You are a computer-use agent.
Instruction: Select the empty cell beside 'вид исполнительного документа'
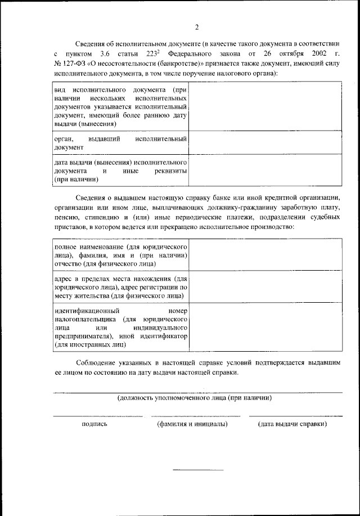(x=265, y=106)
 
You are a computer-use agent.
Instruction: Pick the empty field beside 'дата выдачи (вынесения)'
(x=265, y=169)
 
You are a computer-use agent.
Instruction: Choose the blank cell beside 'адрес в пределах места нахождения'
(x=265, y=286)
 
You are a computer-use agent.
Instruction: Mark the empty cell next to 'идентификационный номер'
(x=265, y=326)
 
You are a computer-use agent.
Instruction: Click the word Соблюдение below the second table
(x=98, y=364)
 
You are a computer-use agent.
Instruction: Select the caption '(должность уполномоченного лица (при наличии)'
(x=195, y=397)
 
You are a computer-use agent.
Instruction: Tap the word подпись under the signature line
(x=94, y=424)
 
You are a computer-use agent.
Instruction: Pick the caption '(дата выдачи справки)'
(x=292, y=424)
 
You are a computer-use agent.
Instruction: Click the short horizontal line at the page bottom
(x=197, y=469)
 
